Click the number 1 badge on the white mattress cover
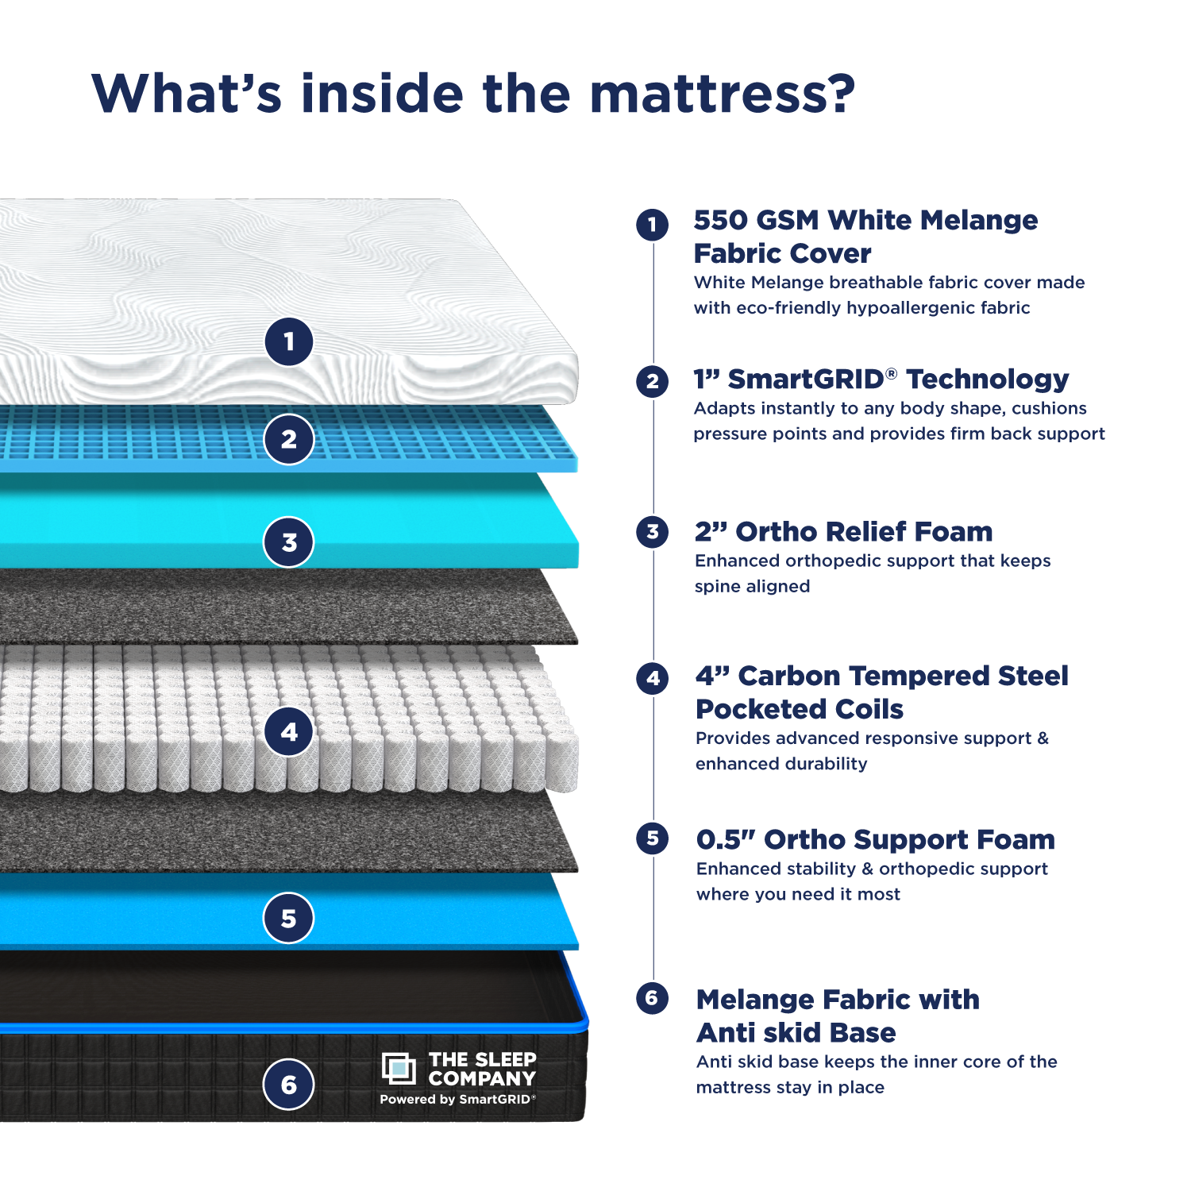(x=289, y=341)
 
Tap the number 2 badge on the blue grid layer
(x=289, y=439)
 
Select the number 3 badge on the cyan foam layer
(x=289, y=542)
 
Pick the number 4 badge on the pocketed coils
(x=289, y=731)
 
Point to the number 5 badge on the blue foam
(x=289, y=918)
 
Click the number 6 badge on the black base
(x=289, y=1085)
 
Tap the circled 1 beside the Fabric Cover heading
(x=652, y=225)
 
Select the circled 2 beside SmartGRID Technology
(x=652, y=381)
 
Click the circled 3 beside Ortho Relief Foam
(x=652, y=532)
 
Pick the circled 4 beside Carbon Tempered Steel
(x=652, y=679)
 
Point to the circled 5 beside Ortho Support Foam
(x=652, y=838)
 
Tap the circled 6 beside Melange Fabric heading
(x=652, y=998)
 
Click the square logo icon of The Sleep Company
(x=399, y=1069)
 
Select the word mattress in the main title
(x=723, y=94)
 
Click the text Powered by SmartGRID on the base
(x=457, y=1100)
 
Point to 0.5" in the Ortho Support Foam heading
(x=725, y=840)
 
